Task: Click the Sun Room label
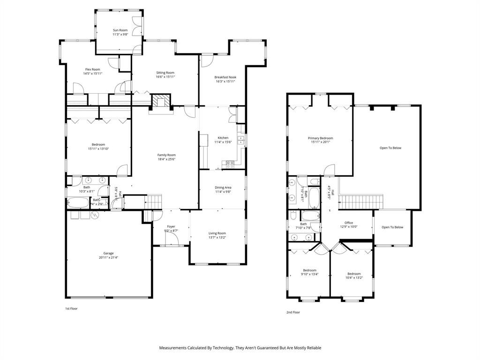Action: point(120,30)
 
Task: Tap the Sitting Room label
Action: point(165,73)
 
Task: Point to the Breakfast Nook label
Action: point(225,77)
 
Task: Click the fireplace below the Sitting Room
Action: point(161,101)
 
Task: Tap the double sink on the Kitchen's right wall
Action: point(241,139)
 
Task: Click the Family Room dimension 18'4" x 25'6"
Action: point(166,159)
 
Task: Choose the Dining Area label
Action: point(223,187)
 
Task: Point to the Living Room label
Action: point(217,233)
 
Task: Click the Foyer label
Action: point(171,226)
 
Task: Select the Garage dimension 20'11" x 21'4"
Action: point(108,257)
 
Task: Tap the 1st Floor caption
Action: point(71,309)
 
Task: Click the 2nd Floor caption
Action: point(293,312)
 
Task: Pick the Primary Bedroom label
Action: point(320,138)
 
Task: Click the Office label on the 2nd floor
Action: point(348,223)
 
